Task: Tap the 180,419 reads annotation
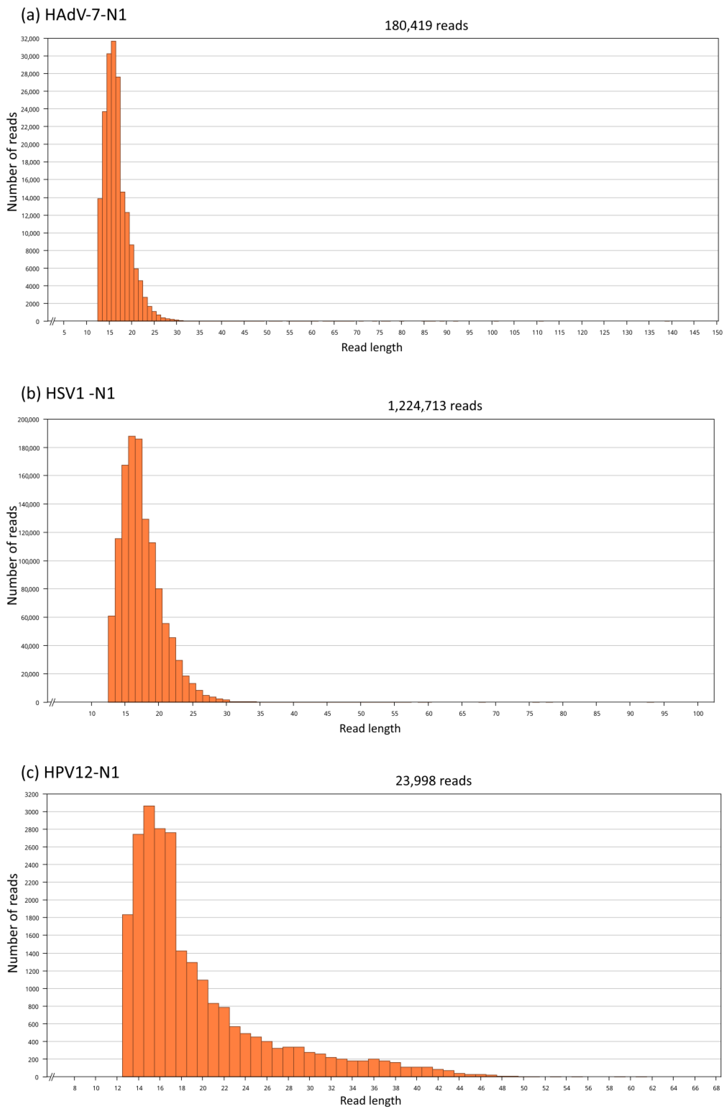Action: tap(426, 26)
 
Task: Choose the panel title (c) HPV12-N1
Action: tap(70, 772)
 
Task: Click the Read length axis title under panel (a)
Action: tap(372, 347)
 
